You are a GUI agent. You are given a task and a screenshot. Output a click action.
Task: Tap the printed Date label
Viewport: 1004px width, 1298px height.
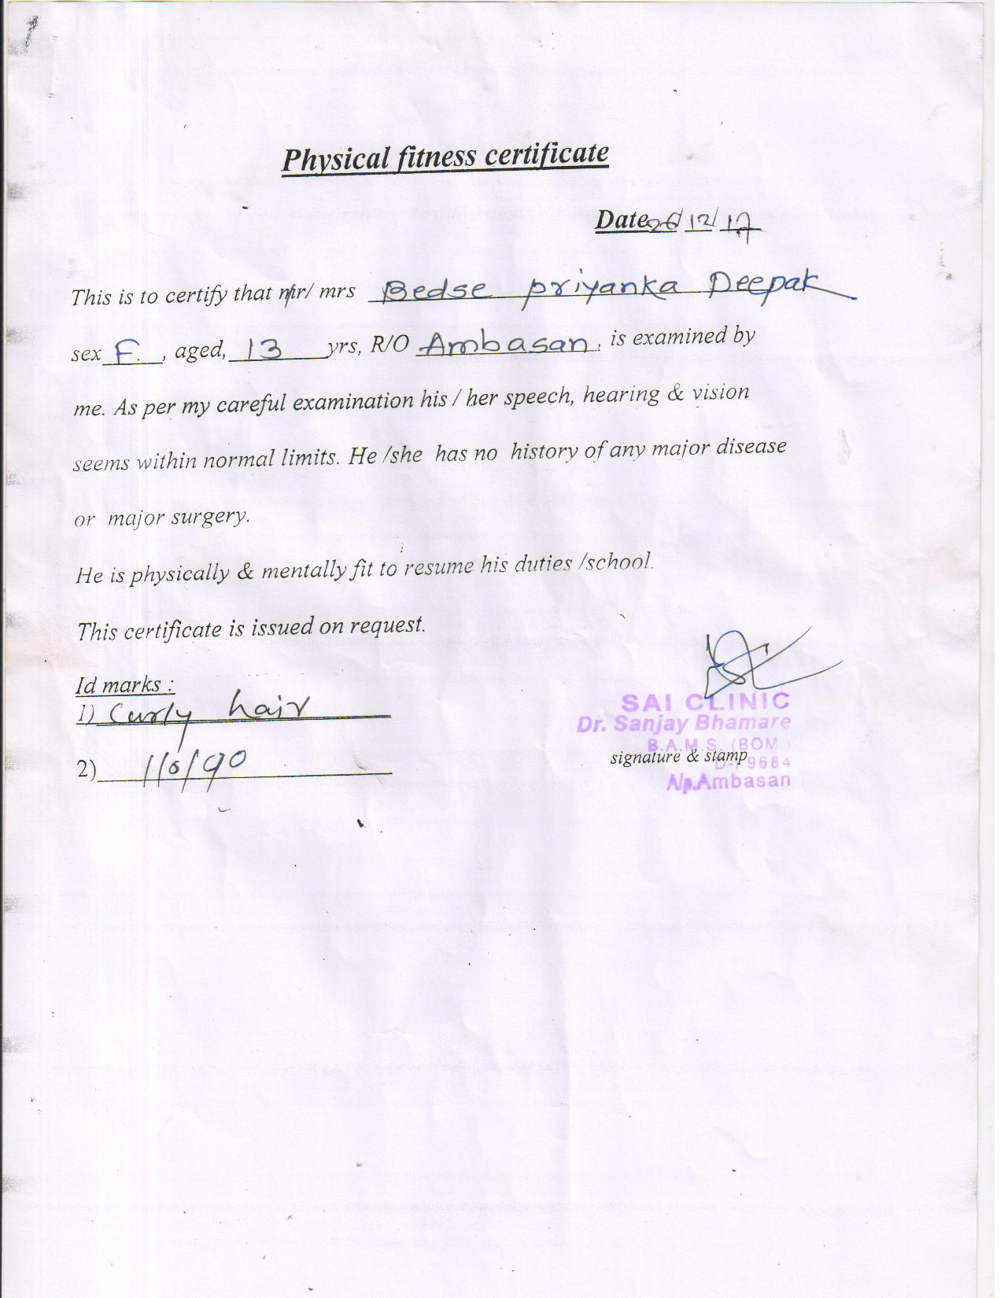tap(620, 219)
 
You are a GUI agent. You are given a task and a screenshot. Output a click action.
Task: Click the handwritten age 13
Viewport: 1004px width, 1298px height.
tap(264, 348)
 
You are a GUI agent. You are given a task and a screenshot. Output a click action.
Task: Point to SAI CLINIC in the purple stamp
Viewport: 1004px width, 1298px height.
tap(705, 701)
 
